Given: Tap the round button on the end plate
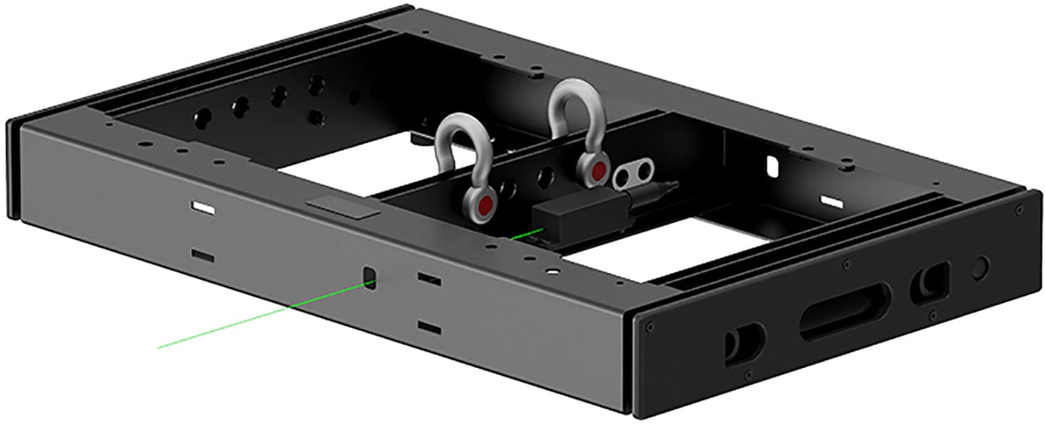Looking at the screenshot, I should click(x=979, y=268).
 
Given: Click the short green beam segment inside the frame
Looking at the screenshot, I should click(x=526, y=234).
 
